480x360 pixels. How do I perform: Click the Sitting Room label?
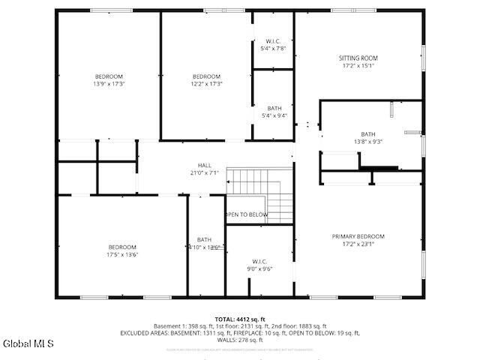[358, 58]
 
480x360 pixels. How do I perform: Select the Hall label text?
[205, 165]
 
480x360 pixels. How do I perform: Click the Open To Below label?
[247, 214]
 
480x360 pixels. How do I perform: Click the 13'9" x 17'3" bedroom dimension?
[109, 84]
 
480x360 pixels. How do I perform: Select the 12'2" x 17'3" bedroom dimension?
[206, 84]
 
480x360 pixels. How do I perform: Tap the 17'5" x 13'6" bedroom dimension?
[122, 255]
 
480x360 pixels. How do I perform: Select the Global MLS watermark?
[28, 344]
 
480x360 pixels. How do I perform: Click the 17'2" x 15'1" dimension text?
[358, 65]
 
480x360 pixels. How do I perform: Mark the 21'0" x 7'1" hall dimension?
[205, 172]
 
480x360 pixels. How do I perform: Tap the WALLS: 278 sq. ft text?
[240, 340]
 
